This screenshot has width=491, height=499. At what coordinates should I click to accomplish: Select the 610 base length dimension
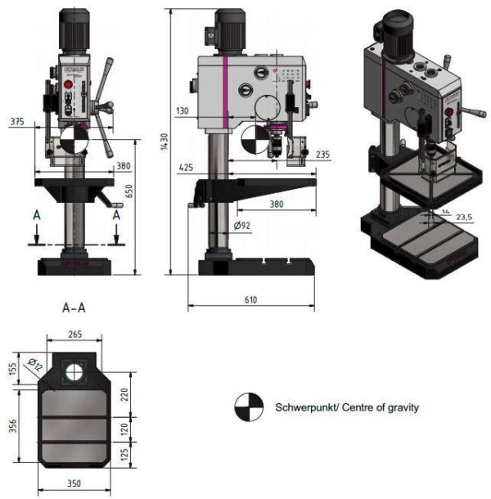tap(250, 300)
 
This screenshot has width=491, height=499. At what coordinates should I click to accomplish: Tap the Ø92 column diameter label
tap(241, 225)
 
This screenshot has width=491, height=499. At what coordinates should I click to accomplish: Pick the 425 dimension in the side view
tap(186, 168)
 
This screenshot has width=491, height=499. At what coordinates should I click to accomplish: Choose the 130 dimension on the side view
tap(182, 110)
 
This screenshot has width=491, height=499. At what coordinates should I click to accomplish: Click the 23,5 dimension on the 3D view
tap(464, 218)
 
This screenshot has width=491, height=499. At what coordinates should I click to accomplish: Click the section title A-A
tap(75, 308)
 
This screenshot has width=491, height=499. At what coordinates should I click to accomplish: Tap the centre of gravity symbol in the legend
tap(249, 407)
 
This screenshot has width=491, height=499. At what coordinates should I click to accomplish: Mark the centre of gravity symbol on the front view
tap(72, 140)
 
